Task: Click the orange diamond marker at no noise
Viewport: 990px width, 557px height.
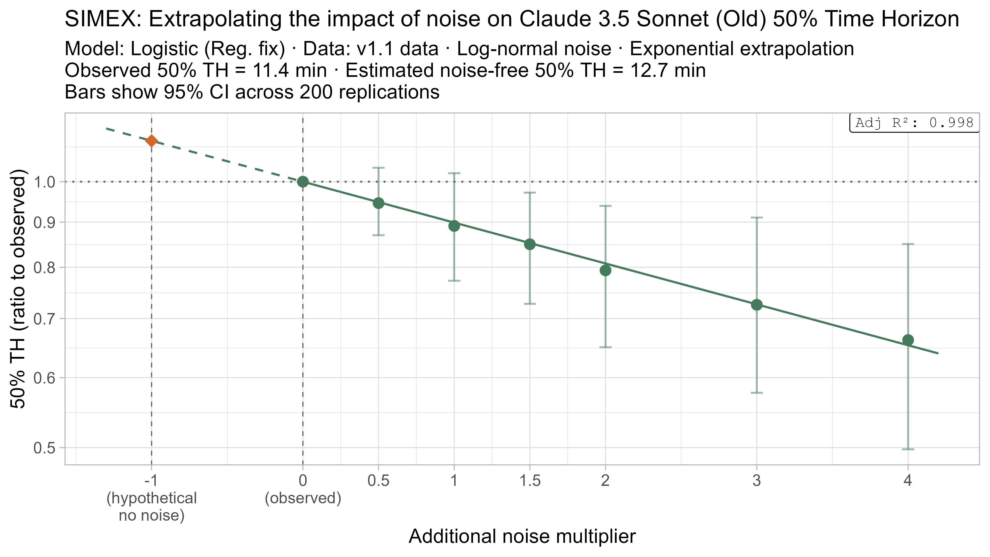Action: coord(151,141)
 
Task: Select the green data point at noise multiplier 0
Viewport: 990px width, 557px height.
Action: coord(303,182)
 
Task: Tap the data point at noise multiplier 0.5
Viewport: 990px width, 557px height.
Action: coord(378,203)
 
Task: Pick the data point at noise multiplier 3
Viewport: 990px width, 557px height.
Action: coord(757,305)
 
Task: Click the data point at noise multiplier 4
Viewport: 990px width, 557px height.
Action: coord(908,340)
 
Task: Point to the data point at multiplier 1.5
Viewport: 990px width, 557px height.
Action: coord(530,244)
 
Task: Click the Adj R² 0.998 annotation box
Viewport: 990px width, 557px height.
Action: coord(914,123)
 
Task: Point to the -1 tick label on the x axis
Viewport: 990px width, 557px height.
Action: coord(151,480)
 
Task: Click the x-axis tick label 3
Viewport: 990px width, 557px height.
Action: coord(757,480)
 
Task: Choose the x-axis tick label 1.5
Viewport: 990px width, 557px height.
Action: coord(530,480)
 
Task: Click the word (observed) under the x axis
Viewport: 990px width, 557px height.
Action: coord(303,498)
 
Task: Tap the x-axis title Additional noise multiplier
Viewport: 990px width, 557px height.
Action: coord(522,536)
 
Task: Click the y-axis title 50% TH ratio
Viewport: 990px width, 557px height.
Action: coord(19,288)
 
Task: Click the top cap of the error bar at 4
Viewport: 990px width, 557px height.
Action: coord(908,244)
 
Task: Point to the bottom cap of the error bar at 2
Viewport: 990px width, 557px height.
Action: coord(605,347)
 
